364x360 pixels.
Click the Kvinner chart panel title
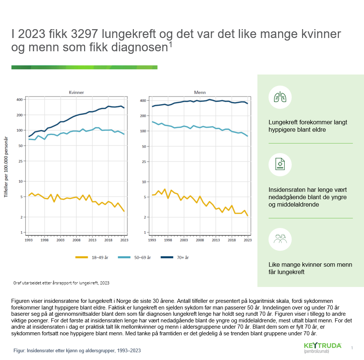pyautogui.click(x=76, y=92)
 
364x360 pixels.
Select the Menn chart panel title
pyautogui.click(x=200, y=92)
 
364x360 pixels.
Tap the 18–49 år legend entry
pyautogui.click(x=88, y=257)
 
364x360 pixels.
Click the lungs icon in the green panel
pyautogui.click(x=280, y=97)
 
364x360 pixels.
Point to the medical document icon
pyautogui.click(x=280, y=165)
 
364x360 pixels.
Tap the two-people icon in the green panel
pyautogui.click(x=280, y=239)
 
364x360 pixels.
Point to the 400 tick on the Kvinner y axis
pyautogui.click(x=19, y=100)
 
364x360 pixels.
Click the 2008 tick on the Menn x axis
pyautogui.click(x=200, y=240)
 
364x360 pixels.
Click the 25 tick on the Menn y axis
pyautogui.click(x=145, y=161)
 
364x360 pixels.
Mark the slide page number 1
pyautogui.click(x=352, y=348)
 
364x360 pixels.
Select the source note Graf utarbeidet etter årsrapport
pyautogui.click(x=61, y=283)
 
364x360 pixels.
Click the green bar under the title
pyautogui.click(x=84, y=67)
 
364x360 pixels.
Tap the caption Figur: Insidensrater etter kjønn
pyautogui.click(x=77, y=350)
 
